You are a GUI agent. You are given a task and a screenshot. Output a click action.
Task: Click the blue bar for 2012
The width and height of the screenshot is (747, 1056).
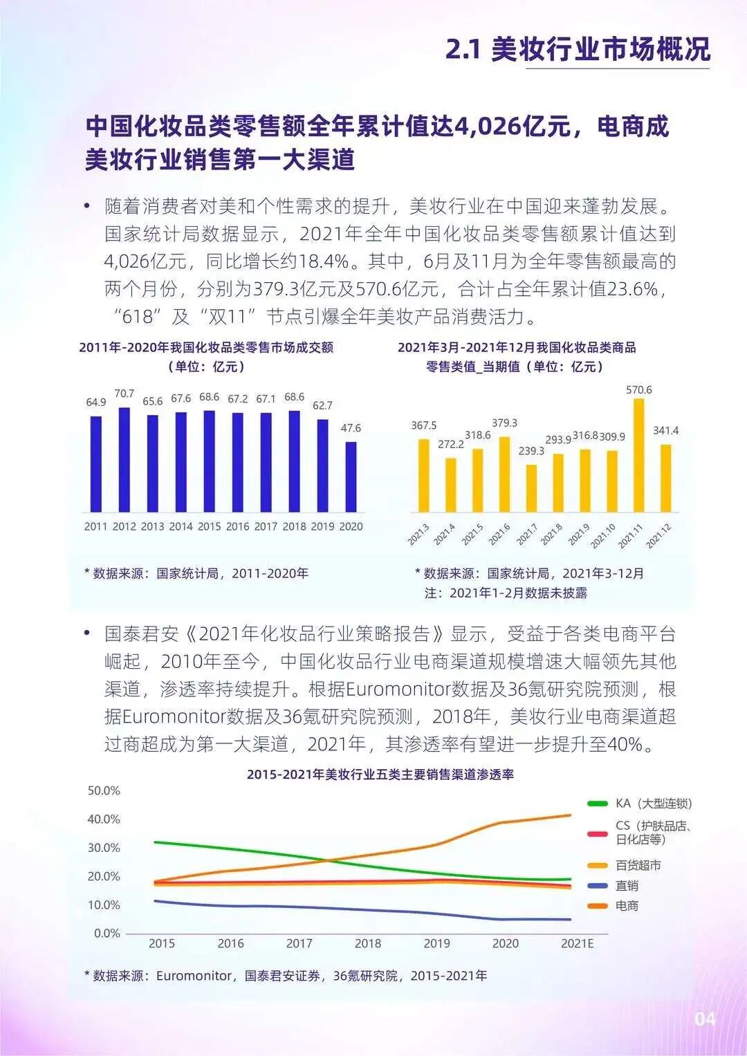coord(124,460)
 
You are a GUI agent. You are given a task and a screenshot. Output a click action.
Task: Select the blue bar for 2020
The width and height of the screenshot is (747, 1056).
coord(351,476)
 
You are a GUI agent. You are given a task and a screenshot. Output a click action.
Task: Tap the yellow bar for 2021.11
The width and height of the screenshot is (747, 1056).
coord(639,455)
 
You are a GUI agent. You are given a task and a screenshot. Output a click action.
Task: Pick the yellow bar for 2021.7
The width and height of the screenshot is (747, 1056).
coord(531,488)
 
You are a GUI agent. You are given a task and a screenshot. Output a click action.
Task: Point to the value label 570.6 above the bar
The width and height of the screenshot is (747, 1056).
coord(639,390)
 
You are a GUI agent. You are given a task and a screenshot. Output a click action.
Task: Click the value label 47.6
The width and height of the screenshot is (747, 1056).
coord(351,428)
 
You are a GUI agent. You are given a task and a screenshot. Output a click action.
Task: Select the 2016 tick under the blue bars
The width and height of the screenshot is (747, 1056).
coord(237,526)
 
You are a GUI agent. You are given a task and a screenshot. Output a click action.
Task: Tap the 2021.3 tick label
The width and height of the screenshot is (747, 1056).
coord(418,534)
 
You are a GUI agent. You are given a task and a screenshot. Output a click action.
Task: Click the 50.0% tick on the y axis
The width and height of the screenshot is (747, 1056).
coord(104,790)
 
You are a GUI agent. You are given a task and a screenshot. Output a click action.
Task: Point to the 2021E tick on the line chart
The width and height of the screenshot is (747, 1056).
coord(577,943)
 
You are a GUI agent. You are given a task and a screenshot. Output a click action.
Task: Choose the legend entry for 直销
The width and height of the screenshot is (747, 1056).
coord(627,886)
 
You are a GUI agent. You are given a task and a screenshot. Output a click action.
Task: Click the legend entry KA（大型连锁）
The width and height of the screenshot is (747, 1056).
coord(654,804)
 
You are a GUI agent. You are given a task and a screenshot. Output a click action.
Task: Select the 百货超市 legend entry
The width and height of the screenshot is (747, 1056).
coord(638,865)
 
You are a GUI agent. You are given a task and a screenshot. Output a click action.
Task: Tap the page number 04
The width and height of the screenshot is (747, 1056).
coord(705,1019)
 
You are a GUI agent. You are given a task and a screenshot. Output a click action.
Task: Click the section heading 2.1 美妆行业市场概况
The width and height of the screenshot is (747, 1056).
coord(578,50)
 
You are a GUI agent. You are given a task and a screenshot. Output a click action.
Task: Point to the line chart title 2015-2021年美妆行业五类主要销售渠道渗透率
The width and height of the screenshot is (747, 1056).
coord(380,775)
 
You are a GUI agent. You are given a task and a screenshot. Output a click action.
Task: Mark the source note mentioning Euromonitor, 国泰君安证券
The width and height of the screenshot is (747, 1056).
coord(286,976)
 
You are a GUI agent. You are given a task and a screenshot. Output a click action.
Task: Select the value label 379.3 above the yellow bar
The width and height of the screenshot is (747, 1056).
coord(504,423)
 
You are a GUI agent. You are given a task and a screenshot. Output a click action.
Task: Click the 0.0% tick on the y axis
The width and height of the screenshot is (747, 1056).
coord(107,933)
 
